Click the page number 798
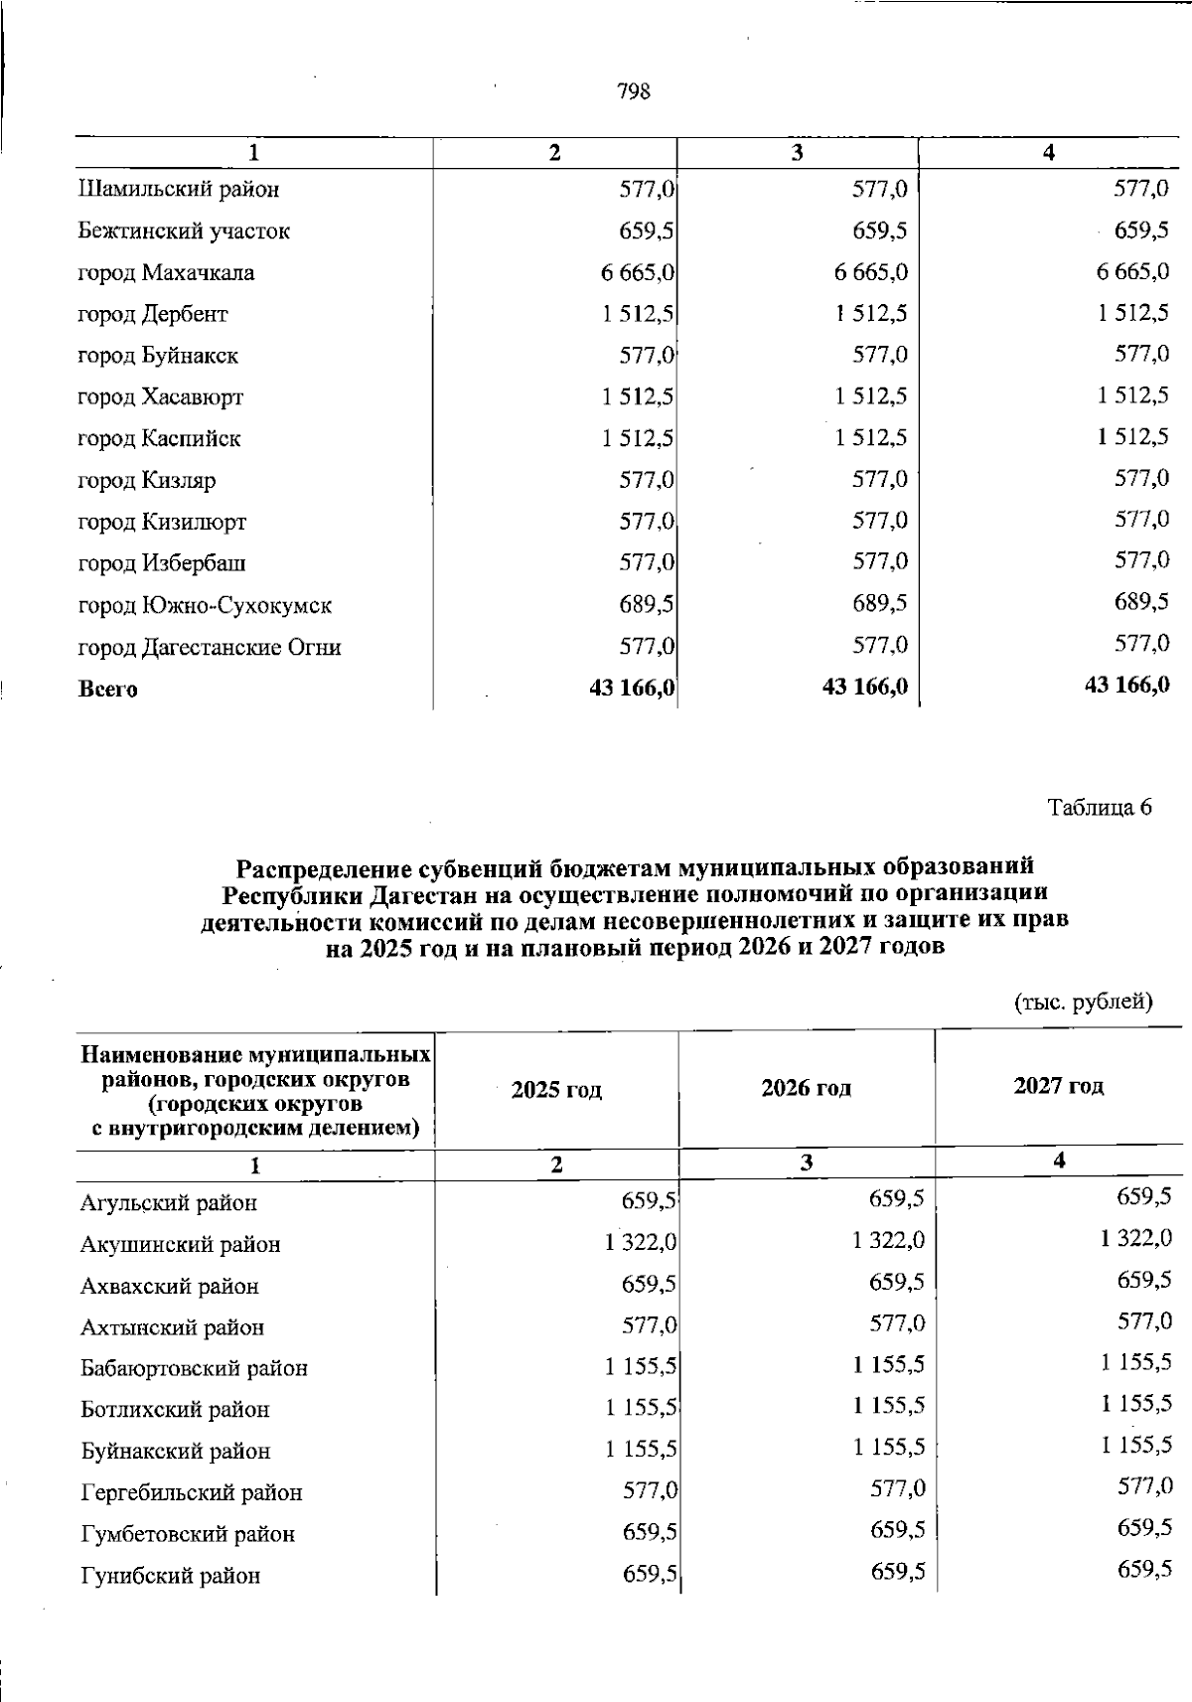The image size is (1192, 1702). point(634,91)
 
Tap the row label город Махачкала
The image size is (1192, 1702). point(166,273)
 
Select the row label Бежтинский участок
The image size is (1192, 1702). point(184,232)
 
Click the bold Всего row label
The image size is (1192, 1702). point(108,689)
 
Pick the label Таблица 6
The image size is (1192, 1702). point(1100,808)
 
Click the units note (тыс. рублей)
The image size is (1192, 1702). point(1083,1002)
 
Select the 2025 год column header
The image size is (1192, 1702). point(556,1090)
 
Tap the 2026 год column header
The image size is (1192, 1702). point(806,1088)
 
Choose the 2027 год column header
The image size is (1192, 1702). point(1058,1086)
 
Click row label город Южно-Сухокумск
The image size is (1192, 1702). point(205,605)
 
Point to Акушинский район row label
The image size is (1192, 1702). point(180,1244)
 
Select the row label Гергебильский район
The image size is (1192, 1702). point(191,1492)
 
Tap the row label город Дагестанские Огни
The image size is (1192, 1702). point(210,648)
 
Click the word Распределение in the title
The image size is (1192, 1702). point(323,867)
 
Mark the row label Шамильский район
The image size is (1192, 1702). point(178,189)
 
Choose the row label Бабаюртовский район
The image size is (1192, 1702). point(194,1368)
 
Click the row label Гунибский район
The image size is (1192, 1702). point(170,1576)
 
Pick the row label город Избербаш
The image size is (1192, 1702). point(162,563)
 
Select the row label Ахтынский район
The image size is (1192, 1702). point(172,1327)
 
